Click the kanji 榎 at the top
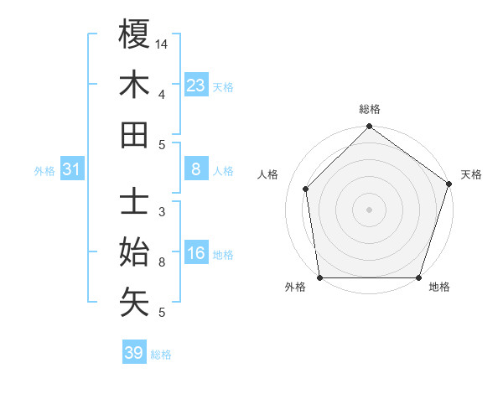click(x=134, y=36)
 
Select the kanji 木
click(x=134, y=86)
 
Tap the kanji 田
click(x=134, y=135)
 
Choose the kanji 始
click(x=134, y=252)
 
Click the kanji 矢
click(x=134, y=302)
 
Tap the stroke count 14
click(x=162, y=44)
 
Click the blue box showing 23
click(x=196, y=86)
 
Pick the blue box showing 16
click(x=196, y=254)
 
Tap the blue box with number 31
click(x=72, y=170)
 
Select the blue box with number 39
click(x=133, y=353)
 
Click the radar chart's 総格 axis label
click(x=369, y=109)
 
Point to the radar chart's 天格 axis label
click(x=471, y=174)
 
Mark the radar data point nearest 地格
click(x=418, y=277)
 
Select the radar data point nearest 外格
click(x=319, y=277)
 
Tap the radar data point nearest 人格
click(x=306, y=189)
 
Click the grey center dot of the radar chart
click(x=369, y=209)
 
